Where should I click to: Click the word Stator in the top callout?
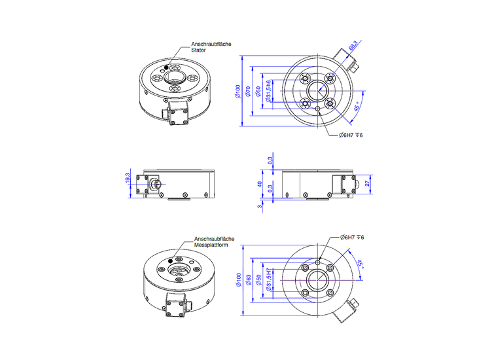click(x=198, y=50)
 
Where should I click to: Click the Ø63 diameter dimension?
click(x=249, y=281)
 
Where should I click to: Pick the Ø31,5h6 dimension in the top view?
click(x=268, y=90)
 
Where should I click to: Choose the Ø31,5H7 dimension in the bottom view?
click(x=269, y=281)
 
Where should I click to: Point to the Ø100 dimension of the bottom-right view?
click(x=239, y=281)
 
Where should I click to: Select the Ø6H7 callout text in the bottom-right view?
click(x=351, y=237)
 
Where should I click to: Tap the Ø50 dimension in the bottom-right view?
click(x=258, y=281)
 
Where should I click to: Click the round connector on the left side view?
click(x=156, y=185)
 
